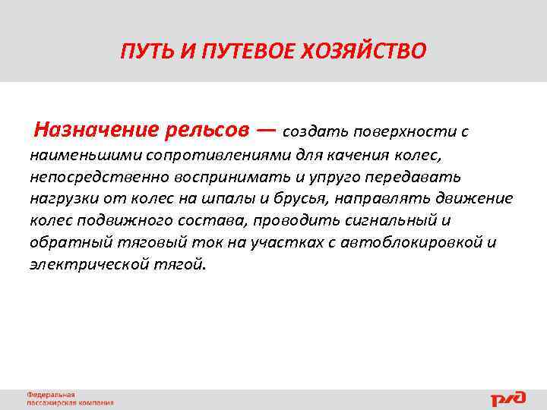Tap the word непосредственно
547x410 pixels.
(x=92, y=177)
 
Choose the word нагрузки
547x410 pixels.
(x=60, y=199)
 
